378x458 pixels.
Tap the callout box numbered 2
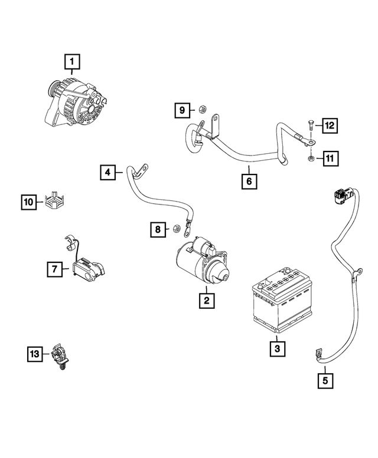[206, 301]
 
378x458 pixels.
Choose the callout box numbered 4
[107, 172]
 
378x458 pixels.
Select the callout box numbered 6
[249, 181]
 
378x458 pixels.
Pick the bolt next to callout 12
[309, 126]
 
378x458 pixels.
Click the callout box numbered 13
[35, 354]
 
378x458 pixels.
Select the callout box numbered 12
[329, 125]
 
